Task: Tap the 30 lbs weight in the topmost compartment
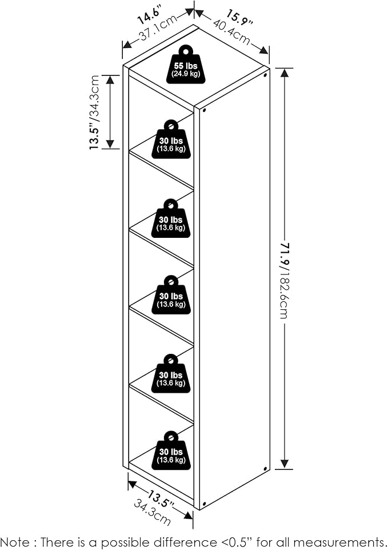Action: click(x=171, y=140)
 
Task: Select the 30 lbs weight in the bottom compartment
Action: click(x=171, y=452)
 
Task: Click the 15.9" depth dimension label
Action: click(x=239, y=18)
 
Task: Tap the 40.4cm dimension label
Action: click(x=232, y=33)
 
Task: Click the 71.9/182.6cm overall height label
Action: click(x=285, y=280)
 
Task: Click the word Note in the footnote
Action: click(x=17, y=541)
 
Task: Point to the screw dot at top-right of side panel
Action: click(x=266, y=74)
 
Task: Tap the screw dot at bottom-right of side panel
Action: click(x=266, y=468)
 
